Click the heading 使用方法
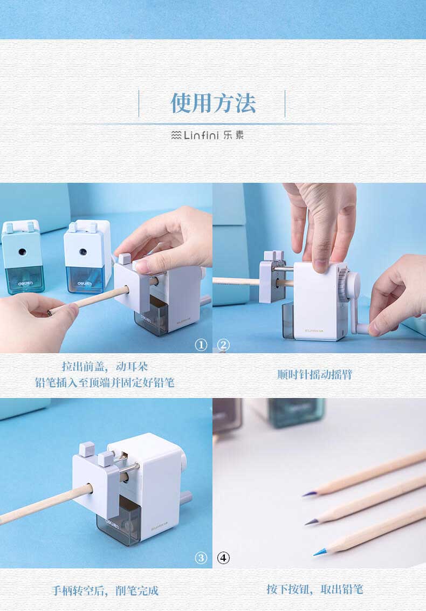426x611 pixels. pyautogui.click(x=213, y=104)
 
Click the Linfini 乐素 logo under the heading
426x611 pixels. pyautogui.click(x=208, y=135)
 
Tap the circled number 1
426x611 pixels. pyautogui.click(x=201, y=345)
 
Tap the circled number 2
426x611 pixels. pyautogui.click(x=223, y=345)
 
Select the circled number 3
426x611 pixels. pyautogui.click(x=201, y=558)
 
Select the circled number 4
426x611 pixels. pyautogui.click(x=223, y=558)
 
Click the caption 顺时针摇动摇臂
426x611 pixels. pyautogui.click(x=314, y=374)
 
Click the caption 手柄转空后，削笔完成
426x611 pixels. pyautogui.click(x=105, y=591)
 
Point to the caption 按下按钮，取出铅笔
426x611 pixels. pyautogui.click(x=315, y=589)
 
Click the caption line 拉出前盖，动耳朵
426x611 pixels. pyautogui.click(x=105, y=367)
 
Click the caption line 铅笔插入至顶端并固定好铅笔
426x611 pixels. pyautogui.click(x=105, y=383)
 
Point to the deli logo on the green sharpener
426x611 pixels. pyautogui.click(x=25, y=284)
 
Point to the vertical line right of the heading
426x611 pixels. pyautogui.click(x=285, y=104)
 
